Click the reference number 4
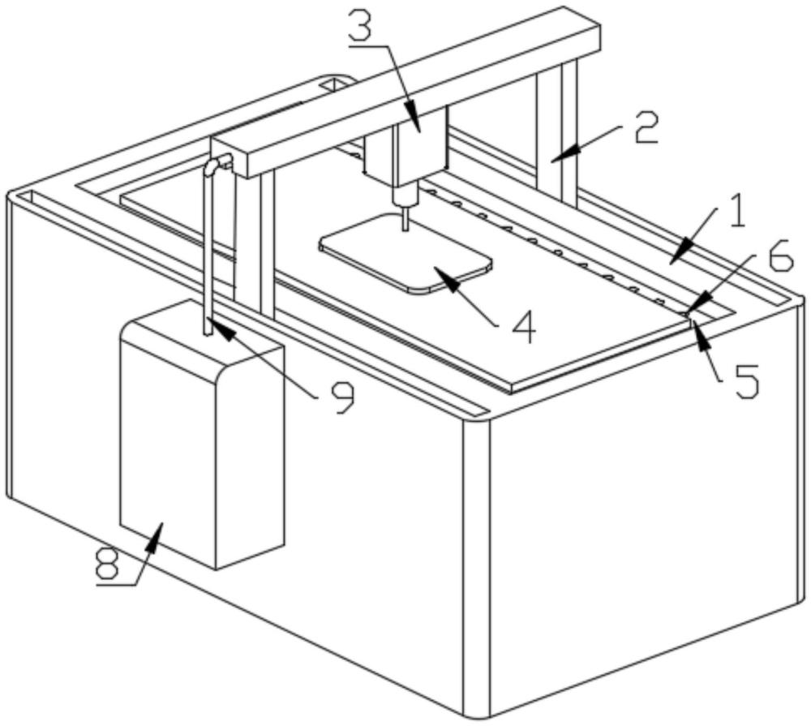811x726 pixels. pos(519,325)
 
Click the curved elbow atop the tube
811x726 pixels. pos(212,166)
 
